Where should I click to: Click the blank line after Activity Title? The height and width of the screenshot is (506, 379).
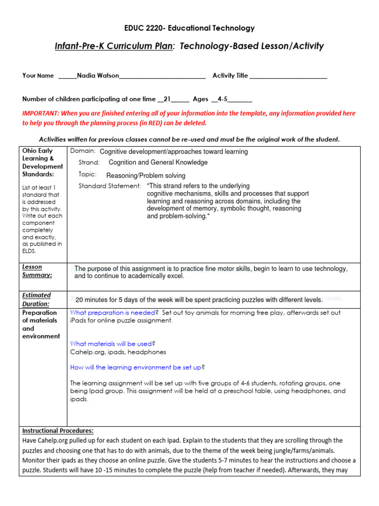pos(288,76)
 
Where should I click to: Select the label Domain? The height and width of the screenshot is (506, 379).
pos(83,151)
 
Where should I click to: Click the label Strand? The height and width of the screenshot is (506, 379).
pos(89,162)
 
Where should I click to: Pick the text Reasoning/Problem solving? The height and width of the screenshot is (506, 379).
pos(146,175)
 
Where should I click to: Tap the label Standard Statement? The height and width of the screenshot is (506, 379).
pos(110,186)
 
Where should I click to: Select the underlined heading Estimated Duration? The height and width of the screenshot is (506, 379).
pos(37,299)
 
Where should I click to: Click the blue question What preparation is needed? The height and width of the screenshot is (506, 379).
pos(113,312)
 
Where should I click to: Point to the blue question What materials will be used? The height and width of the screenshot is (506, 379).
pos(111,343)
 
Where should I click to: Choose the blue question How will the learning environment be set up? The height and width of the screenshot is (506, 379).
pos(136,367)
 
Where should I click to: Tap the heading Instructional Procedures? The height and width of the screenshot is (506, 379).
pos(58,430)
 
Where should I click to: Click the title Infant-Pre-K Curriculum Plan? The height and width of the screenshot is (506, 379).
pos(114,46)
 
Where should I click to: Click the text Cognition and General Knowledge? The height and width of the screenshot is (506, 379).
pos(158,162)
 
